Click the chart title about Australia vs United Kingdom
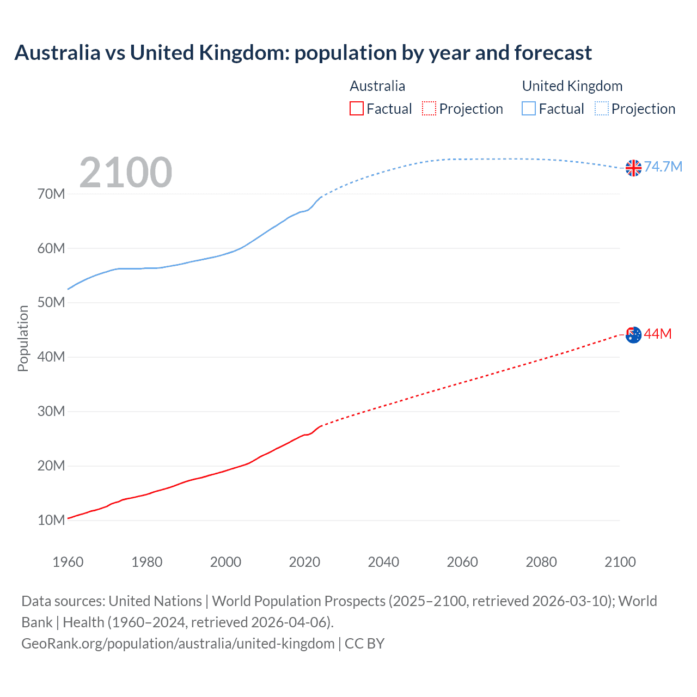[x=303, y=53]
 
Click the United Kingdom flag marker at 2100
[x=633, y=168]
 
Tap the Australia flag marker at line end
[x=633, y=335]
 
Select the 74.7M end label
[x=663, y=167]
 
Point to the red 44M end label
[x=658, y=334]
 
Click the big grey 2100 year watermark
[x=126, y=173]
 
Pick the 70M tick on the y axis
[x=51, y=194]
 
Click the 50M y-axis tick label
[x=51, y=302]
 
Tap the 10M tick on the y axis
[x=51, y=520]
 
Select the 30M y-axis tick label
[x=51, y=411]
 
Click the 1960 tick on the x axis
[x=68, y=562]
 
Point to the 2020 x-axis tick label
[x=304, y=562]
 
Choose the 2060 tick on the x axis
[x=462, y=562]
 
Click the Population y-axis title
[x=23, y=338]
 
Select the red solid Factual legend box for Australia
[x=356, y=109]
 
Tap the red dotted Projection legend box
[x=429, y=109]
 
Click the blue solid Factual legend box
[x=528, y=109]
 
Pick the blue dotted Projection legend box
[x=602, y=109]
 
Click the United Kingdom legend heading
[x=572, y=86]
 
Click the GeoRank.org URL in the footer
[x=178, y=644]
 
